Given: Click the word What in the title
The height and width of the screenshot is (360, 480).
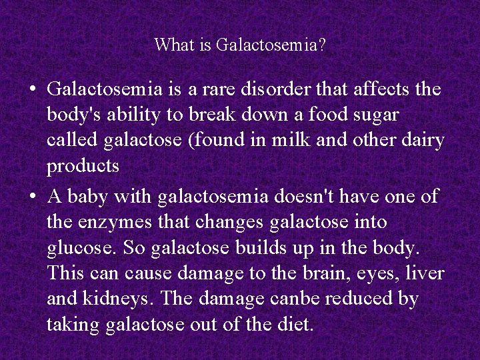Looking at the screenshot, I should coord(170,45).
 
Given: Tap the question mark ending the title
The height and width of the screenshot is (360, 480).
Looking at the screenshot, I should coord(323,45).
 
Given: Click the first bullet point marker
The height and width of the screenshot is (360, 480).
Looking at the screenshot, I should coord(33,89).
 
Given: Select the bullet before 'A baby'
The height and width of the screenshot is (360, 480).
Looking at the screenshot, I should coord(33,196).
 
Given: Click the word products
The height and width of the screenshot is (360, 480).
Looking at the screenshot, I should coord(83,167).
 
